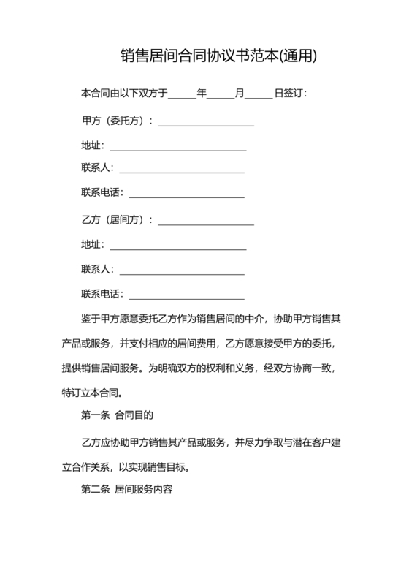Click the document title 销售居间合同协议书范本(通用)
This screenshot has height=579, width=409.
tap(218, 56)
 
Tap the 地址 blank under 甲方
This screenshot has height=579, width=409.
tap(177, 147)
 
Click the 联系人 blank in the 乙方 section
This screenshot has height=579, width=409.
tap(181, 270)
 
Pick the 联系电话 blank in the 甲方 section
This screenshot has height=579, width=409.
tap(186, 194)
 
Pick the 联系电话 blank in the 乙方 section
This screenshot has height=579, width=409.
tap(186, 296)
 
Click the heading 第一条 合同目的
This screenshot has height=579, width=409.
tap(116, 415)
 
